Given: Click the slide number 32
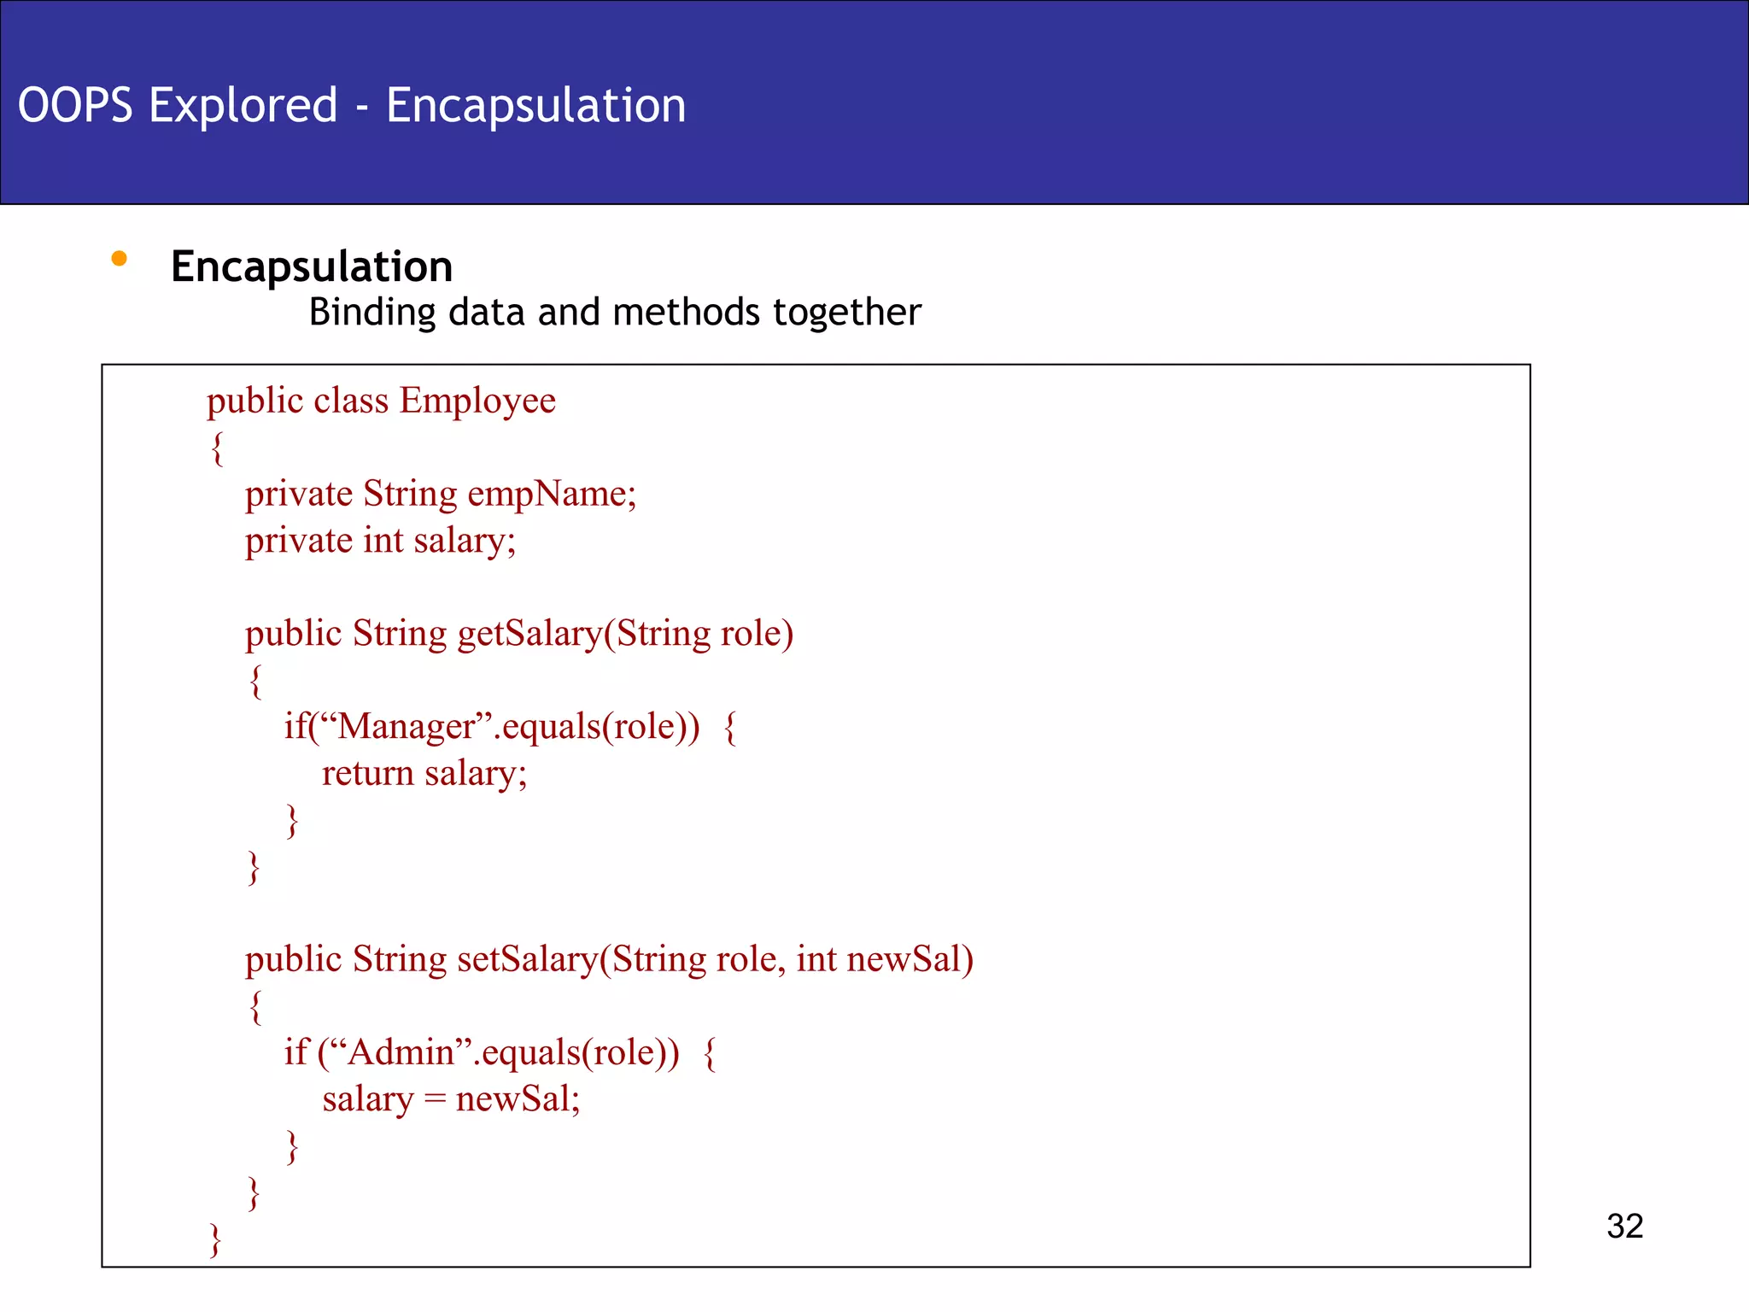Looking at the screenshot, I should tap(1624, 1226).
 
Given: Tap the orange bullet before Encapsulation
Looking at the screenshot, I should tap(120, 258).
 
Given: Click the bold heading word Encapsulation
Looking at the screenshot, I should tap(312, 266).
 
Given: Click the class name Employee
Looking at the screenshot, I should tap(477, 401).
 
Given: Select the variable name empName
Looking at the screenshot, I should tap(551, 494).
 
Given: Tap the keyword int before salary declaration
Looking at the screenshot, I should tap(383, 541).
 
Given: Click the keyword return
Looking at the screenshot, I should tap(367, 774).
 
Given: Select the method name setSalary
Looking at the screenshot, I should tap(527, 959).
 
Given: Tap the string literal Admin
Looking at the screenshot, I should tap(401, 1052).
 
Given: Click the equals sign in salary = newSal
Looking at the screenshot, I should tap(435, 1099).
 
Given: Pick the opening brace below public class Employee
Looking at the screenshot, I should tap(218, 448).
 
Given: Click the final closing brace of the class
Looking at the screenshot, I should tap(215, 1239).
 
